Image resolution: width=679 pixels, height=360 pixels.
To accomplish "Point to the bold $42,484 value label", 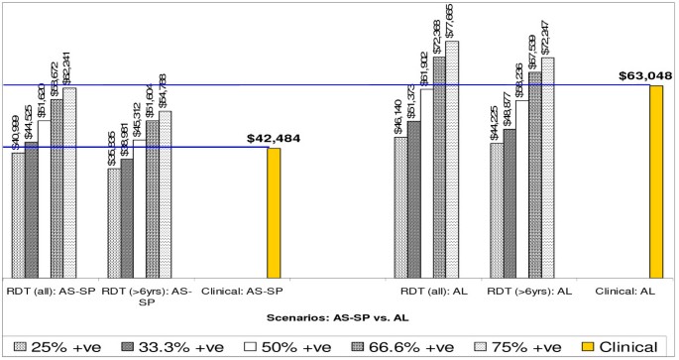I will tap(273, 137).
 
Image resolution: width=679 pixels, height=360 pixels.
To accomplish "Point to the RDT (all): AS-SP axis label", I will tap(49, 292).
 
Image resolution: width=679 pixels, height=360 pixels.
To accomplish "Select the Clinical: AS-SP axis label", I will tap(242, 292).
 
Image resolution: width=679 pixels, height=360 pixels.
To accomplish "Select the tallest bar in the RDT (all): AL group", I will tap(452, 159).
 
